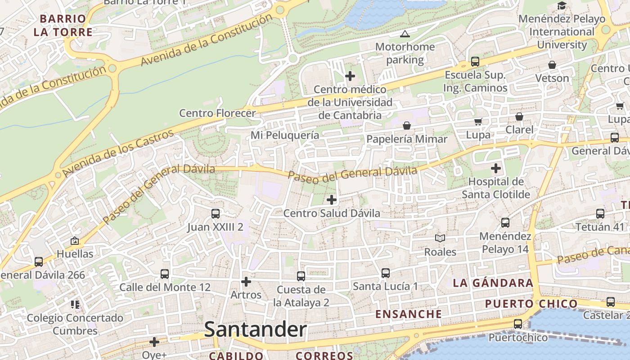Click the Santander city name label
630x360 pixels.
[255, 330]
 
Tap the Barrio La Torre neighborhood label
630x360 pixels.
[63, 25]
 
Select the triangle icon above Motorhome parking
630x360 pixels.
[405, 34]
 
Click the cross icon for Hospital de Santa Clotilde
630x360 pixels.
[495, 168]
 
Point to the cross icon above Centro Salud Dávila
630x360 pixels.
[332, 199]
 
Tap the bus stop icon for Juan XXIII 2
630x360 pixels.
[216, 213]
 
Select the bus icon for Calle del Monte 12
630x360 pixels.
[165, 274]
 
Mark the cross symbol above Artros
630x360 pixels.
[246, 282]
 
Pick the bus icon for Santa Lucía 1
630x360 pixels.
[385, 273]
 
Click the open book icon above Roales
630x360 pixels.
[440, 238]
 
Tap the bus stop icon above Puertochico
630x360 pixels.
[518, 324]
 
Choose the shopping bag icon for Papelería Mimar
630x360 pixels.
[407, 125]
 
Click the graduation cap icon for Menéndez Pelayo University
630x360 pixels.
[562, 6]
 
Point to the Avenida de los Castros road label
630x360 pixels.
[118, 153]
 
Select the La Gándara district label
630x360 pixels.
[493, 283]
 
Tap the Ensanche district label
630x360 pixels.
[409, 314]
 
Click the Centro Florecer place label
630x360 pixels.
[217, 113]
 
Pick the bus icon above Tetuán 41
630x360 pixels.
[600, 214]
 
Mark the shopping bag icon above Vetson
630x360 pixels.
[552, 65]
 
